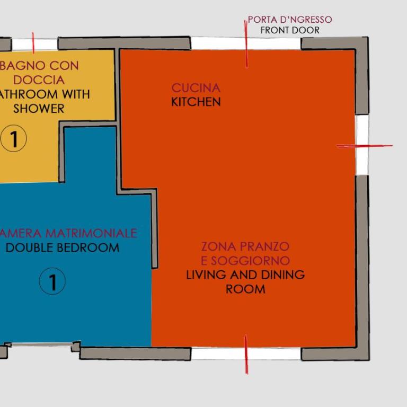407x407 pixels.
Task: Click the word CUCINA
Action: pyautogui.click(x=196, y=88)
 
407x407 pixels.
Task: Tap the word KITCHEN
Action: pyautogui.click(x=196, y=102)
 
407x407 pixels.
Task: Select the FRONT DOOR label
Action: pyautogui.click(x=290, y=30)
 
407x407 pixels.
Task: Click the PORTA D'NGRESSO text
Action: pyautogui.click(x=290, y=20)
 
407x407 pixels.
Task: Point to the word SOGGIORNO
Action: pyautogui.click(x=250, y=261)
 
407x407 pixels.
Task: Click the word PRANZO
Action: pyautogui.click(x=264, y=246)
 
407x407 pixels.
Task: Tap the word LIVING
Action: pyautogui.click(x=206, y=275)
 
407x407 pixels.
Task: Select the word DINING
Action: pyautogui.click(x=282, y=275)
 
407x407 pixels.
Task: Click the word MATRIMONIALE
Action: pyautogui.click(x=91, y=233)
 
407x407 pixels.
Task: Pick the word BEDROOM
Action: pyautogui.click(x=88, y=247)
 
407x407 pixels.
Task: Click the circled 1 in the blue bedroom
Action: pyautogui.click(x=52, y=281)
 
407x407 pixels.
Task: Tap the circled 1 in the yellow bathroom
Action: pyautogui.click(x=13, y=138)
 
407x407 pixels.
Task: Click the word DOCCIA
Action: pyautogui.click(x=39, y=80)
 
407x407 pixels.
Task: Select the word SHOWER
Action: pyautogui.click(x=39, y=109)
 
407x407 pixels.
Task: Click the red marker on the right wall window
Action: pyautogui.click(x=364, y=146)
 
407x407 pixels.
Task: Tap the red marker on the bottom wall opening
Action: pyautogui.click(x=246, y=355)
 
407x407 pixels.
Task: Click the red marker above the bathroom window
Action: pyautogui.click(x=33, y=43)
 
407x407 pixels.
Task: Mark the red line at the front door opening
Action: pyautogui.click(x=246, y=44)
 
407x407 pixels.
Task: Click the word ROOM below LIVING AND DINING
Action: pyautogui.click(x=245, y=289)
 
